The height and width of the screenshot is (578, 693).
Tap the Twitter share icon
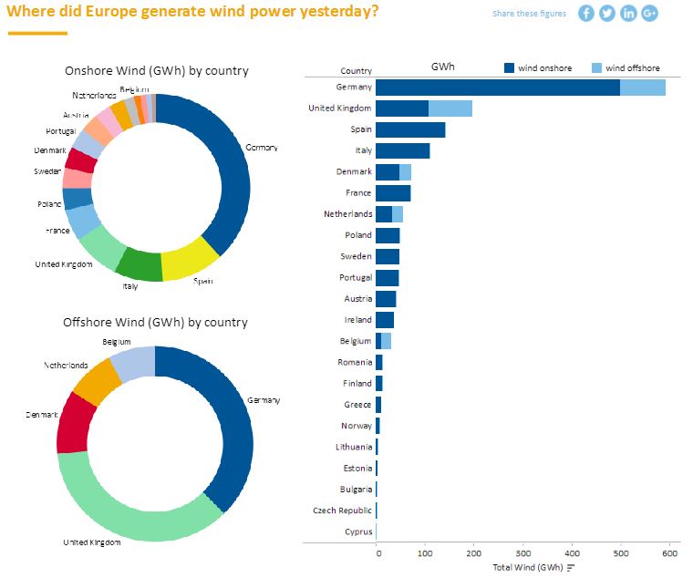(607, 13)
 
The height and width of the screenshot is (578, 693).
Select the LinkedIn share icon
(628, 13)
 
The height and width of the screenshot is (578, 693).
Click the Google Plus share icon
(649, 13)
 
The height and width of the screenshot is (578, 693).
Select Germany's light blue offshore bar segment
(643, 87)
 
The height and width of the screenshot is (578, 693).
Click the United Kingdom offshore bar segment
(450, 108)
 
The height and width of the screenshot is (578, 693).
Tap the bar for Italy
(402, 150)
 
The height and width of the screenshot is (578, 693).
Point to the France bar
(393, 192)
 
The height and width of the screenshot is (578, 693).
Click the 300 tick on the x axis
(523, 552)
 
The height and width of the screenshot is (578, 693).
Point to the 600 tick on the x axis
(670, 552)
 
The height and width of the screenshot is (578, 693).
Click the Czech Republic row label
(343, 511)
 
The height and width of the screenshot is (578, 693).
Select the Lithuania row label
(355, 447)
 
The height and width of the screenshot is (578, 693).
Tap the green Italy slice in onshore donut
(140, 264)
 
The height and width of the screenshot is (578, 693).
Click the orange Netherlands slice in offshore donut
(94, 381)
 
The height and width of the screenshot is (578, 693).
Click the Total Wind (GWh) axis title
(527, 567)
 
